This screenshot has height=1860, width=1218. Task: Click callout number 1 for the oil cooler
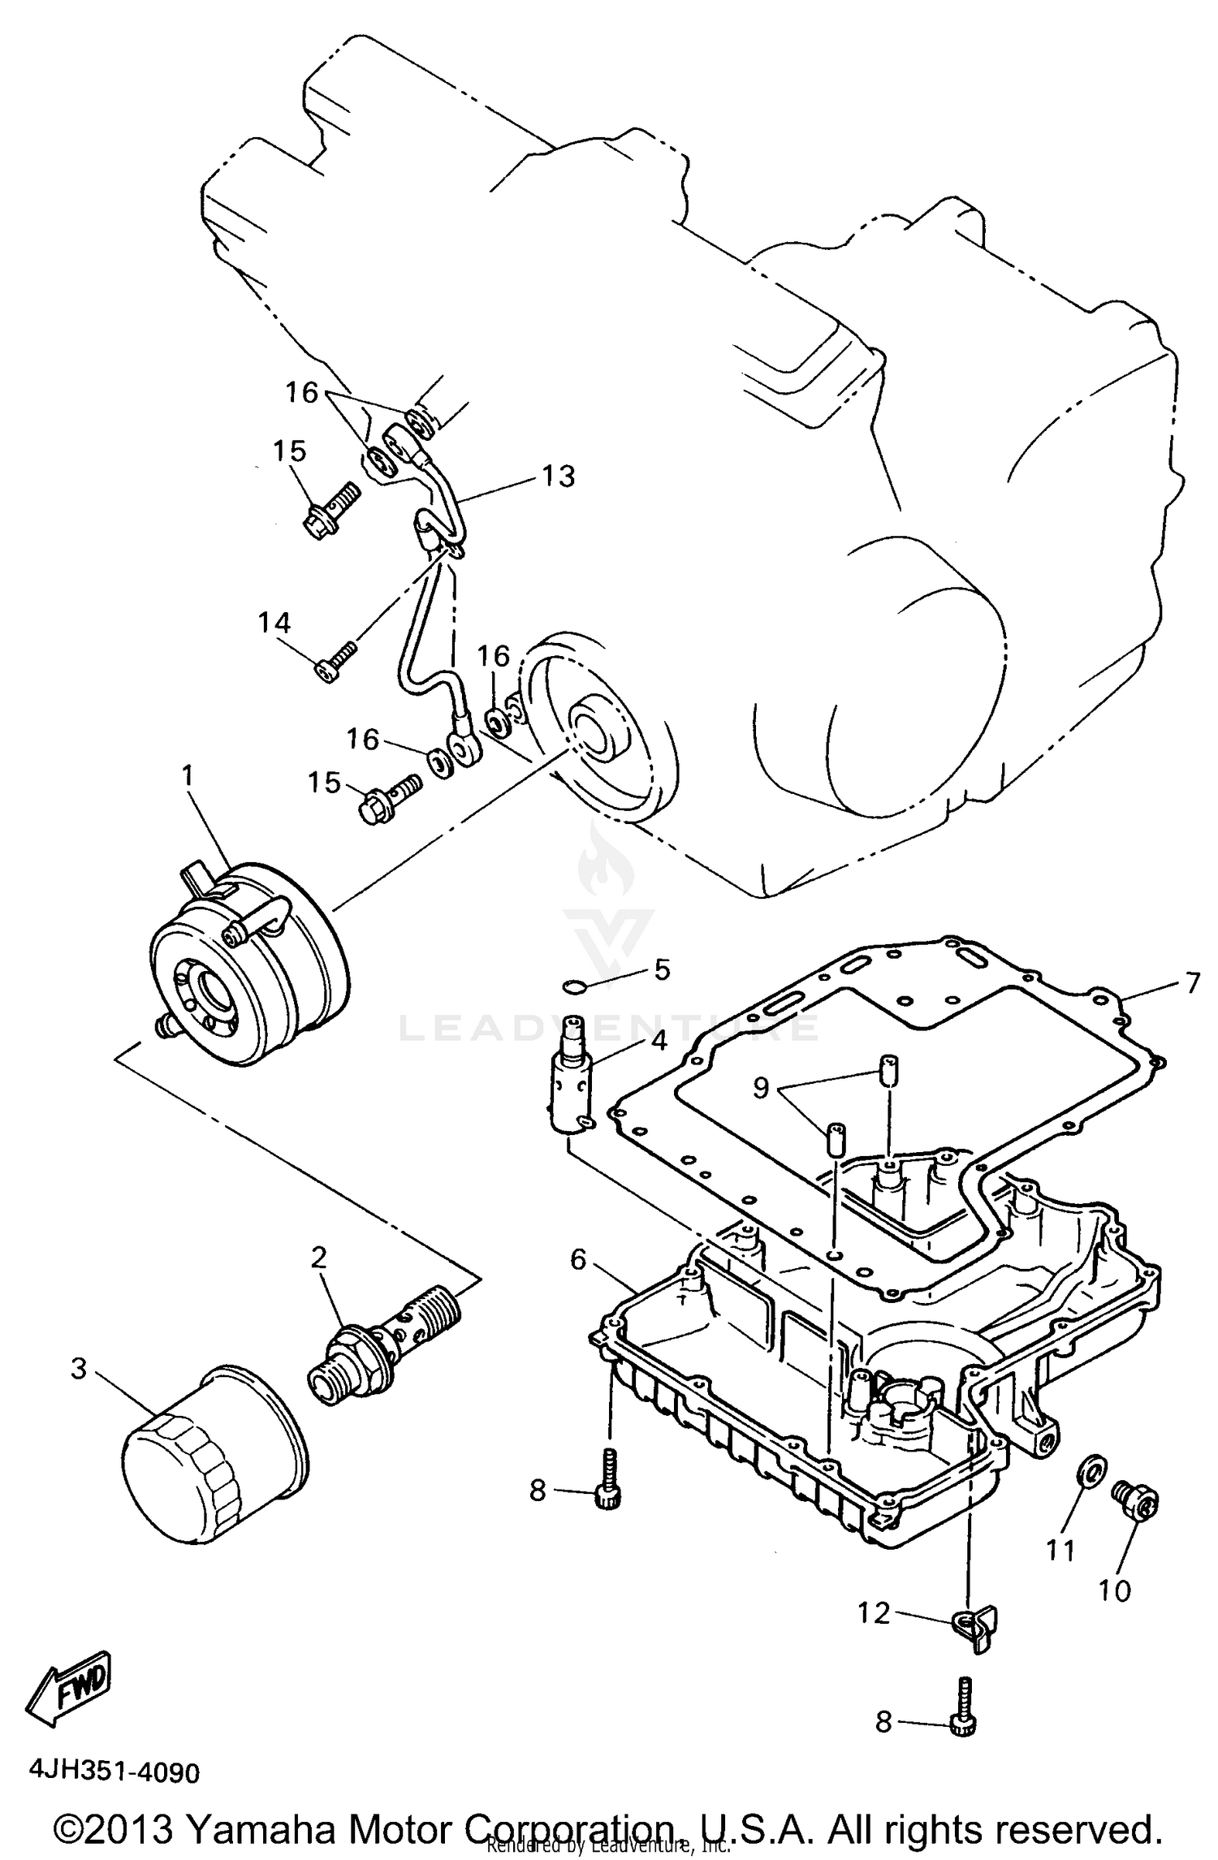click(188, 776)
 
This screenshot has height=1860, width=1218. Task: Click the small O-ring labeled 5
click(574, 986)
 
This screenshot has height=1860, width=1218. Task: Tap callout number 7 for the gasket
click(1191, 983)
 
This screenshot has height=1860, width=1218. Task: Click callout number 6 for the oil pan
click(578, 1259)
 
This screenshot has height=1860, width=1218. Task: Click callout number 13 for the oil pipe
click(559, 476)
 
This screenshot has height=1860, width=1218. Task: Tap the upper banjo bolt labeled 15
click(329, 510)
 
